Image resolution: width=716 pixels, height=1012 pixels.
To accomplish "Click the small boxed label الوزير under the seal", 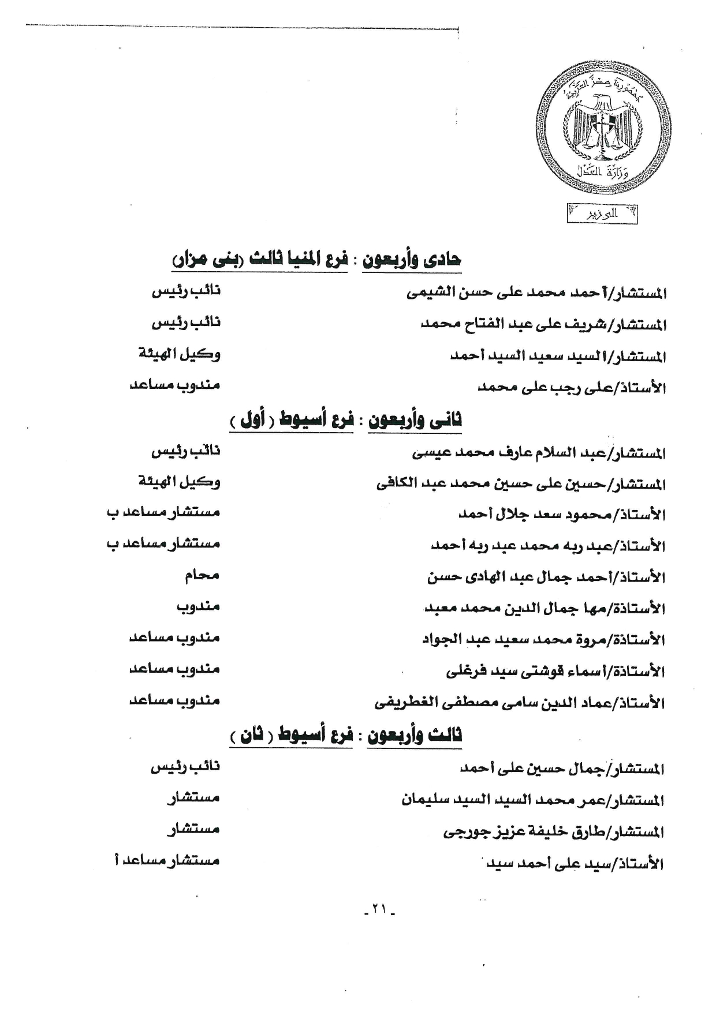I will [x=602, y=214].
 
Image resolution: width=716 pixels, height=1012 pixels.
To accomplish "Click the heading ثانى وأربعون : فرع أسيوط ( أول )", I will [x=345, y=419].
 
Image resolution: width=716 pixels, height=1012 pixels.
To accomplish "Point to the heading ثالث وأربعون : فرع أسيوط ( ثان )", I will [x=345, y=734].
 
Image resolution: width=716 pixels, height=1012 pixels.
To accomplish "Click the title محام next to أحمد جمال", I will [x=202, y=575].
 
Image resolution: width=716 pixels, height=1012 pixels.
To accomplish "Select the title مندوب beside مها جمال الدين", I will [x=198, y=606].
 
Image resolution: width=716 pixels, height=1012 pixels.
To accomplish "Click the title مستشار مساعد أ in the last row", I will [x=167, y=860].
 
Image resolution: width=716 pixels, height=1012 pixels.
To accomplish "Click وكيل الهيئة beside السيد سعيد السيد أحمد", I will [x=179, y=353].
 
